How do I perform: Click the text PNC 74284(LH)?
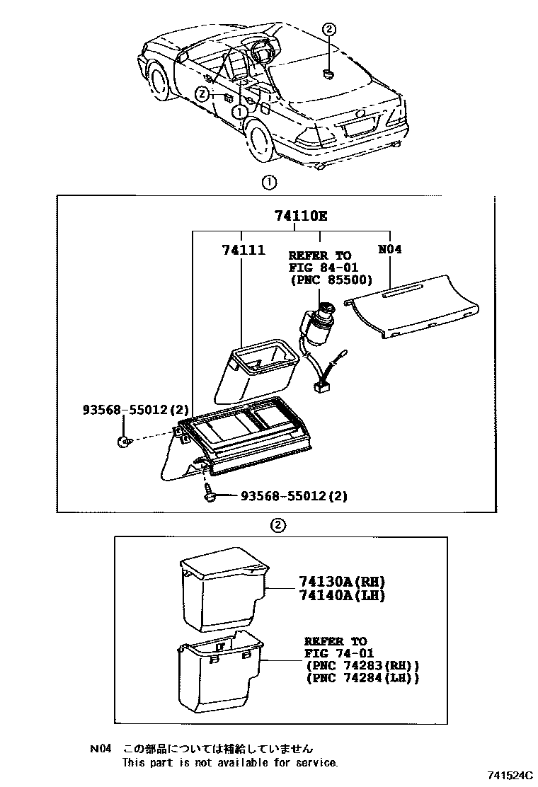tap(362, 678)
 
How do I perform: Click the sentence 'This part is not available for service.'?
tap(230, 762)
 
